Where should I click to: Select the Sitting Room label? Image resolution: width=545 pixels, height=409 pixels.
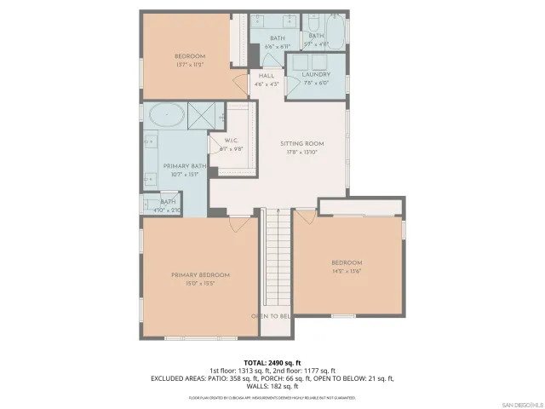click(303, 143)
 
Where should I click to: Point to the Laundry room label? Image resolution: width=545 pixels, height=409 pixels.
click(315, 74)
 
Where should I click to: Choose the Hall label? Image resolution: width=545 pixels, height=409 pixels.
click(267, 76)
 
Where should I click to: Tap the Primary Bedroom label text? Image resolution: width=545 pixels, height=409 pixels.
click(200, 274)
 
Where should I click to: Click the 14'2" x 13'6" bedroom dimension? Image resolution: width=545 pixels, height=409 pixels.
click(347, 271)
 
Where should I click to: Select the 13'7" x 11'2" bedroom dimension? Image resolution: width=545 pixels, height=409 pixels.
click(190, 65)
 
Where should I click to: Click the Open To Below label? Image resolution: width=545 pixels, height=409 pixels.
click(271, 316)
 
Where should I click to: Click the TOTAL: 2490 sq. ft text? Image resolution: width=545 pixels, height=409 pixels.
click(272, 362)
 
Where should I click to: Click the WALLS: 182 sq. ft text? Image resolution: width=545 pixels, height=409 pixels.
click(272, 386)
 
